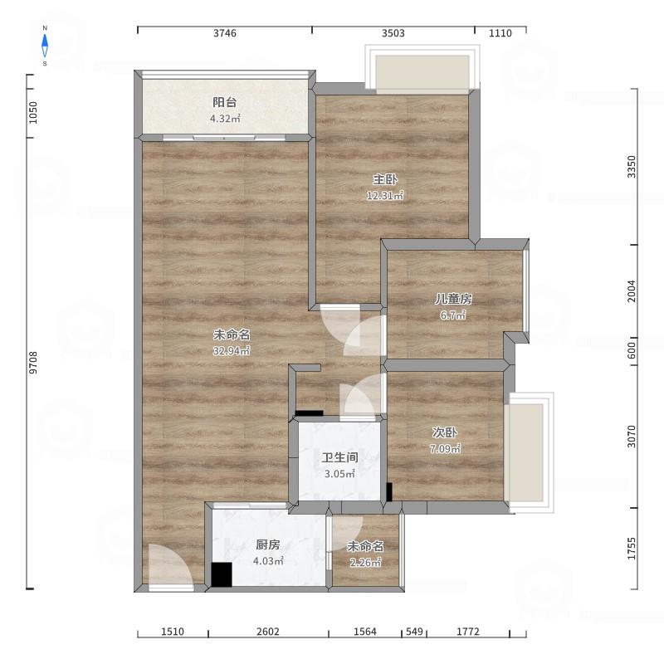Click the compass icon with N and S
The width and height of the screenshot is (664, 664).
[45, 46]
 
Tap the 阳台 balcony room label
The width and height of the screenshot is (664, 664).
[224, 102]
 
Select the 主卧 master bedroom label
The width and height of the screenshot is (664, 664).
[385, 179]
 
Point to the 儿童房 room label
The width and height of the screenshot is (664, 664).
[453, 299]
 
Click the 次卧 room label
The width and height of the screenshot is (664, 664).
[445, 432]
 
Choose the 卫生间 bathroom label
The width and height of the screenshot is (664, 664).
[339, 457]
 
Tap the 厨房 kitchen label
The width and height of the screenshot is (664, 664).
[267, 544]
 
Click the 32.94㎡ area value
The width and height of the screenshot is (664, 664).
[232, 350]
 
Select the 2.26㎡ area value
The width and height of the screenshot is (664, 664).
[365, 563]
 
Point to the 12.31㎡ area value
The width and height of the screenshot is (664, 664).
[385, 196]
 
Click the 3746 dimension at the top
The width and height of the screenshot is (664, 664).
[225, 33]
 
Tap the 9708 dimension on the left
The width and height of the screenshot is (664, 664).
[33, 363]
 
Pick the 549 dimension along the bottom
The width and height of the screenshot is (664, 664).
[414, 632]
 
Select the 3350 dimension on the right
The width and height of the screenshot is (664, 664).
[632, 167]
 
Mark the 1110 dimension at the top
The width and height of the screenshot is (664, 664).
[500, 33]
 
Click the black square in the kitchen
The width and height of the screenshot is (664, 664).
[222, 574]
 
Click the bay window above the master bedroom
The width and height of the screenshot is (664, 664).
[422, 68]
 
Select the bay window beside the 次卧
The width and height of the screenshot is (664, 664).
[530, 452]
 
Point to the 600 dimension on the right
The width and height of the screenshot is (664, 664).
[632, 350]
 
